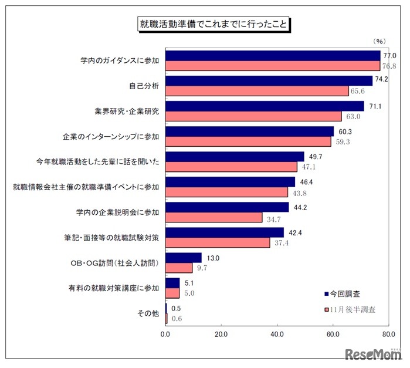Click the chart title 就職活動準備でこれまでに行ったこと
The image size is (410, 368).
(212, 25)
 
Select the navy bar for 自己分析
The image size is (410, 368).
(269, 81)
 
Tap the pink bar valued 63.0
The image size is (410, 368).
(253, 116)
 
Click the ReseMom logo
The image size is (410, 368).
(372, 354)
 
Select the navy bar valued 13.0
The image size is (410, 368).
(184, 258)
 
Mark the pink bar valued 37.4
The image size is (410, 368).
(218, 242)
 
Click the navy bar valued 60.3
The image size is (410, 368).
(250, 131)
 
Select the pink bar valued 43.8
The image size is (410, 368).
(227, 192)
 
